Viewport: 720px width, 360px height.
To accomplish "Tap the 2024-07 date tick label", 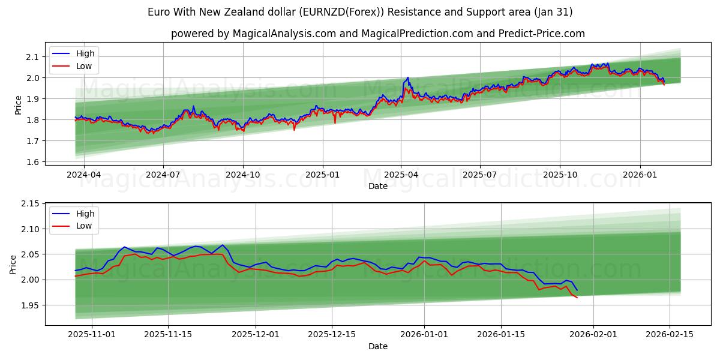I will tap(163, 175).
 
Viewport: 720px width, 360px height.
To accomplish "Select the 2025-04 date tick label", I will tap(401, 175).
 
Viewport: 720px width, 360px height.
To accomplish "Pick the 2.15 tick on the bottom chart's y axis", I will tap(29, 204).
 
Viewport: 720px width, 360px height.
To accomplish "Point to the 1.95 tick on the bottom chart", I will tap(29, 305).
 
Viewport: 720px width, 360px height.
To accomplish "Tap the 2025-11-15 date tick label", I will tap(168, 335).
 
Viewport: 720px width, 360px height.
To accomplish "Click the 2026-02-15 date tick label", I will tap(669, 335).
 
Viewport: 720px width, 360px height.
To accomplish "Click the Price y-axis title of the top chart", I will tap(18, 105).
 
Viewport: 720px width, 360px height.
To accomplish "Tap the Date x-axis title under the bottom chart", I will tap(378, 346).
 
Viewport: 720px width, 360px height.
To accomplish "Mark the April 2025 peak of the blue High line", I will tap(408, 77).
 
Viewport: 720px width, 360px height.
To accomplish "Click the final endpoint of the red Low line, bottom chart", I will tap(577, 298).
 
